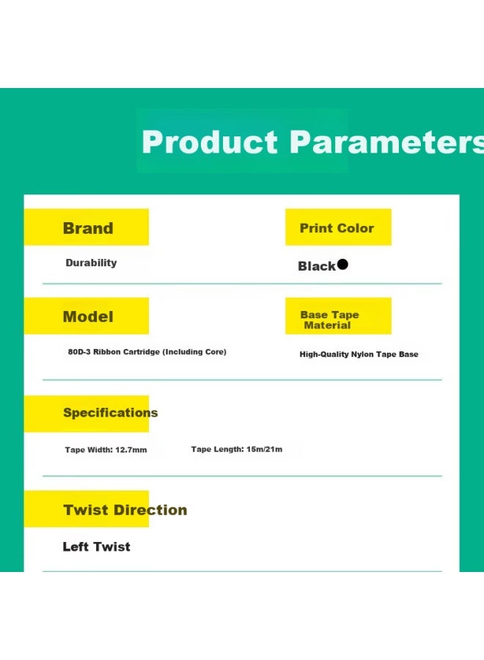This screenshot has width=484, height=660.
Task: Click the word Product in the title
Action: tap(210, 142)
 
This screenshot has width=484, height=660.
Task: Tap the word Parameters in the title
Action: tap(386, 142)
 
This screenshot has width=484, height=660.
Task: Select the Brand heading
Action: tap(88, 228)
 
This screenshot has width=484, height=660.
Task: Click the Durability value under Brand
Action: tap(92, 263)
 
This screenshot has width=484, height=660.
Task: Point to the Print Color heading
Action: tap(337, 228)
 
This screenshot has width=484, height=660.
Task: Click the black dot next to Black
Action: tap(342, 264)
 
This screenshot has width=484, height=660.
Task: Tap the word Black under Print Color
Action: tap(317, 266)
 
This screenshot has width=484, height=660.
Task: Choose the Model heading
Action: tap(88, 317)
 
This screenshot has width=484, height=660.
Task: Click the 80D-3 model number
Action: tap(79, 351)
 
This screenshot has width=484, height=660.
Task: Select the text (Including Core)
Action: tap(195, 351)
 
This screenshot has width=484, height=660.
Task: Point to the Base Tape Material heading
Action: tap(329, 320)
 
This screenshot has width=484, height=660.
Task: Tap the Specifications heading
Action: tap(110, 412)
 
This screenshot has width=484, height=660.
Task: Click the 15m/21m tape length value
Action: tap(264, 449)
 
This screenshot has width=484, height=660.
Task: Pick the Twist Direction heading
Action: tap(125, 510)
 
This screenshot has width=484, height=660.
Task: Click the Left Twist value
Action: tap(96, 546)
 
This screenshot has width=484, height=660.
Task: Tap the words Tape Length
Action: tap(217, 449)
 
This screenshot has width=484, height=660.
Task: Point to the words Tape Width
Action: tap(89, 450)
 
